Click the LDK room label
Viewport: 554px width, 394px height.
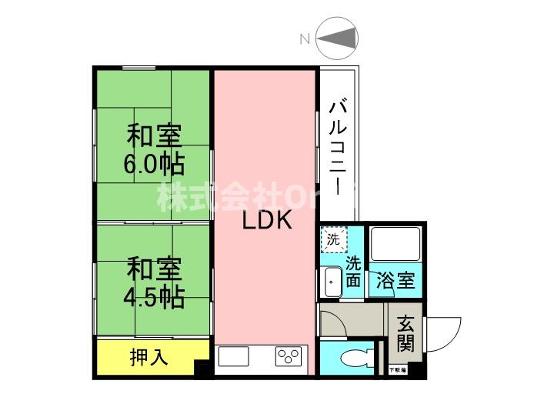tap(265, 222)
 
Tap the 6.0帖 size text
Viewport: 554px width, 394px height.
tap(154, 165)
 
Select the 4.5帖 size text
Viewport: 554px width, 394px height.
tap(154, 297)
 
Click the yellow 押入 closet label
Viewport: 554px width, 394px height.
tap(149, 357)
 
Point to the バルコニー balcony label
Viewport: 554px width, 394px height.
tap(337, 146)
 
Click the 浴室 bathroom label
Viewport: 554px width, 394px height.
tap(395, 281)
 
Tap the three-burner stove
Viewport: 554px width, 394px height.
tap(289, 357)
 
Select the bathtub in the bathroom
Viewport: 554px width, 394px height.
tap(395, 245)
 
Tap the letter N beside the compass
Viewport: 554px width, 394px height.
tap(305, 39)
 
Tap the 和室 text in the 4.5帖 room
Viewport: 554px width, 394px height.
tap(154, 271)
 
